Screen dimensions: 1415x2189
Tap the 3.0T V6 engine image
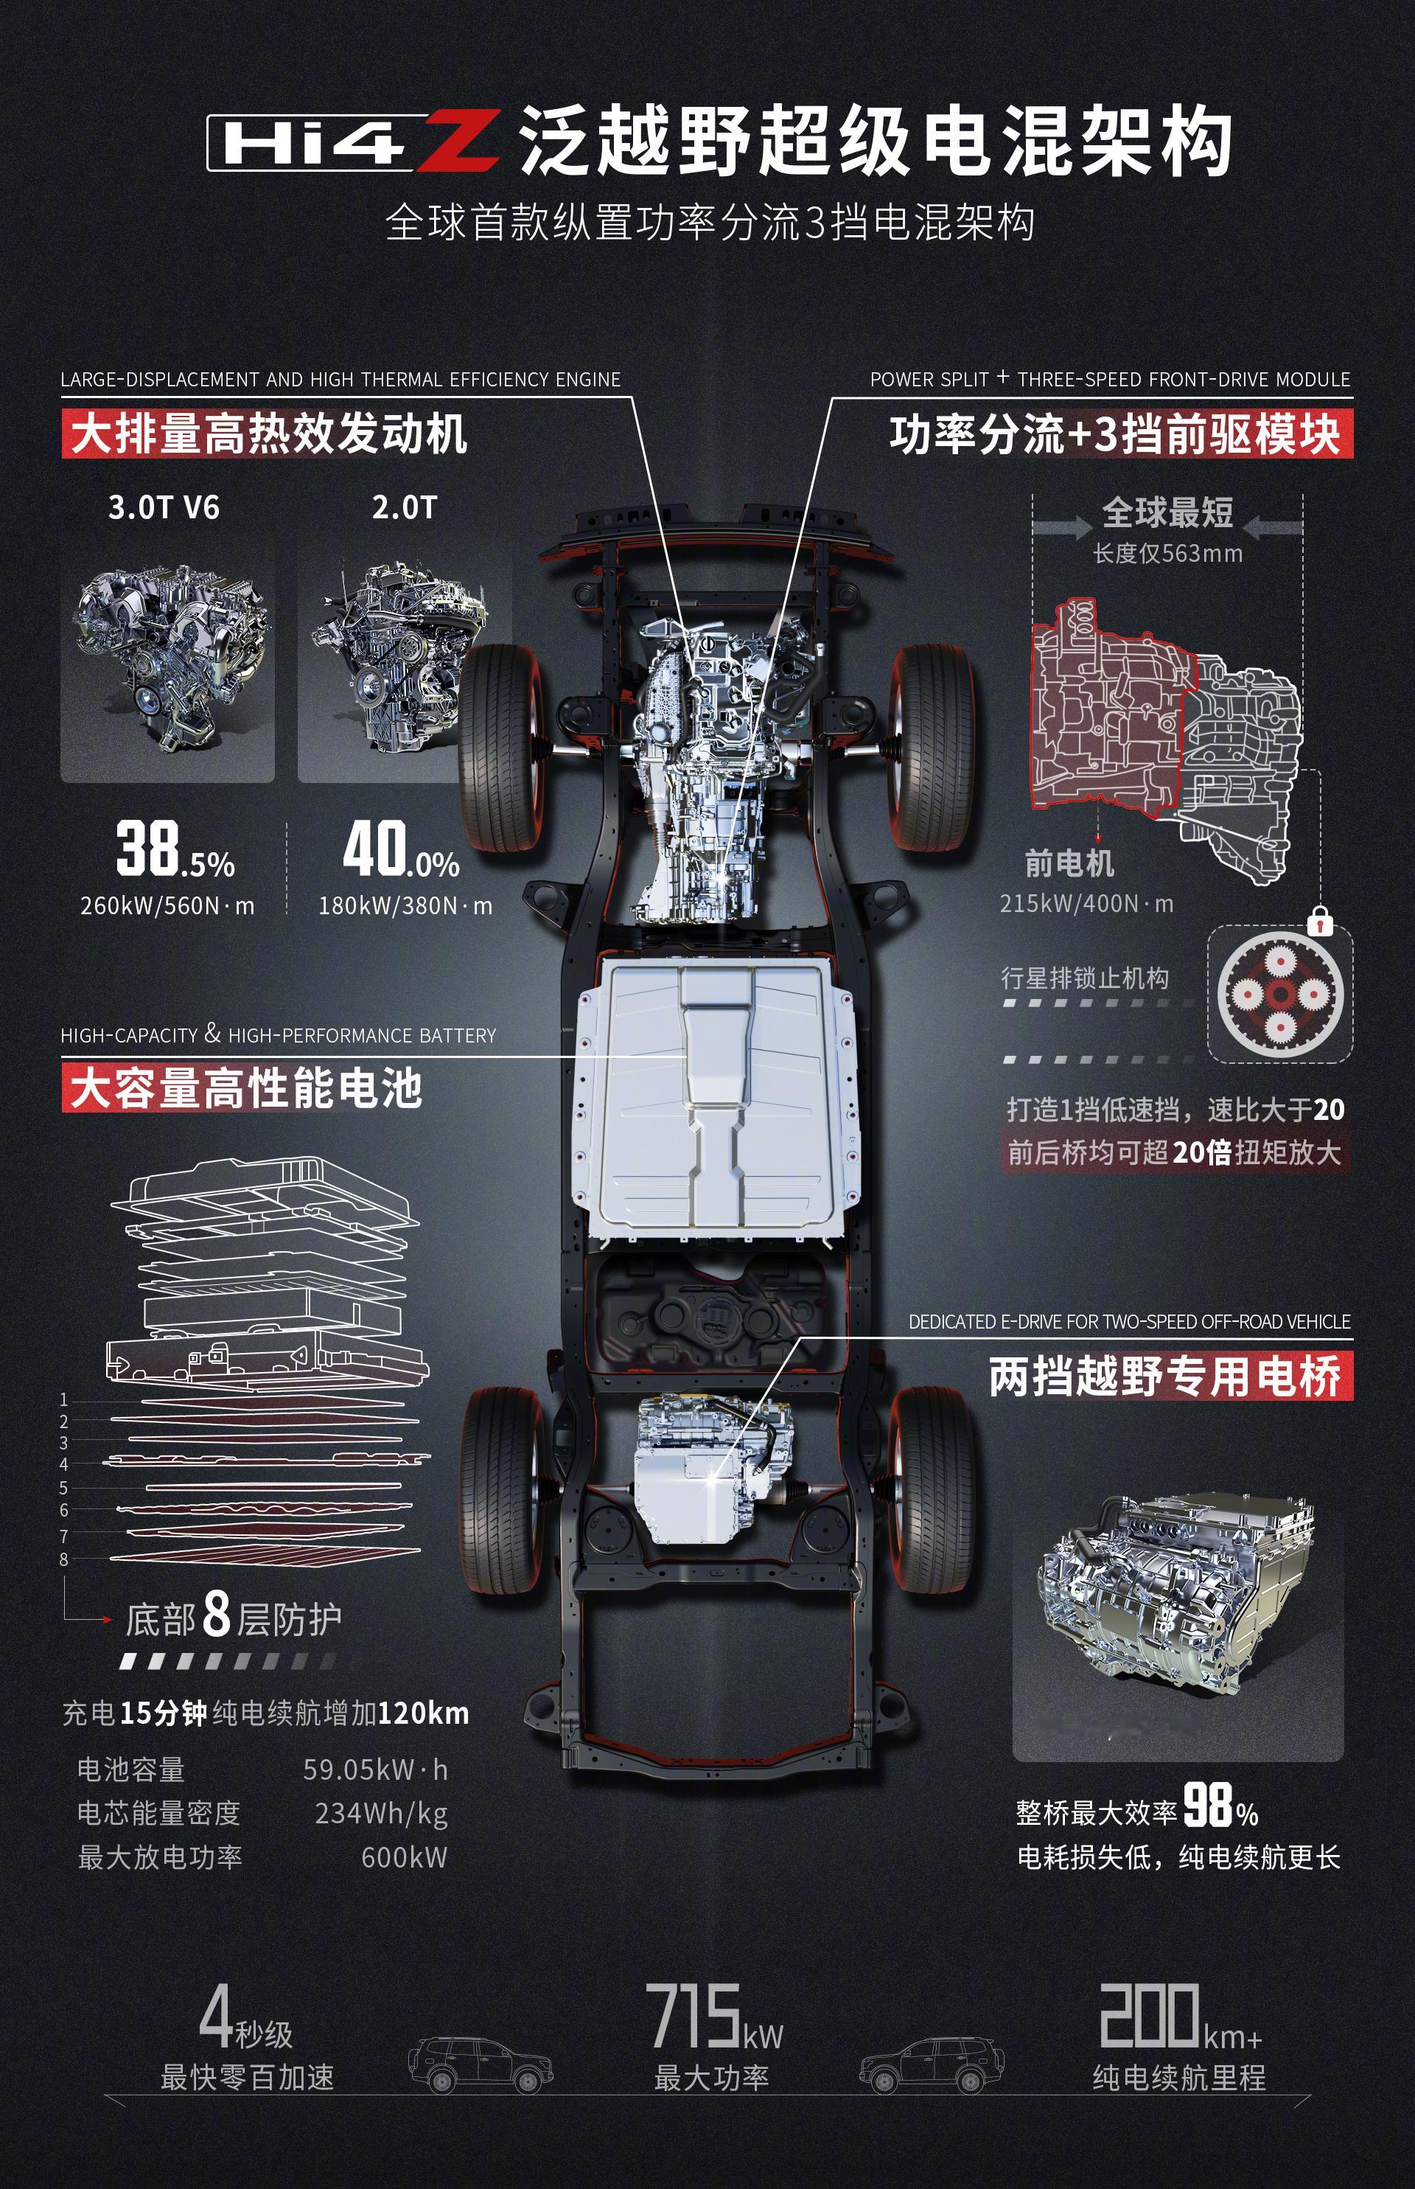click(168, 657)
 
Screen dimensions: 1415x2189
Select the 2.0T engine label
click(405, 507)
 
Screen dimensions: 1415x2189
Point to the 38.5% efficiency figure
click(175, 850)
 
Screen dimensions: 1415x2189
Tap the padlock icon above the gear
click(1319, 920)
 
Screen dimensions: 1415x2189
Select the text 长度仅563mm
click(1167, 553)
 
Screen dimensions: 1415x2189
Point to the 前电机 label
click(1069, 864)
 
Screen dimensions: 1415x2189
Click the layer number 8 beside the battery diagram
click(63, 1559)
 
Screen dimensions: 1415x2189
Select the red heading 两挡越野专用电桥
click(1165, 1377)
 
